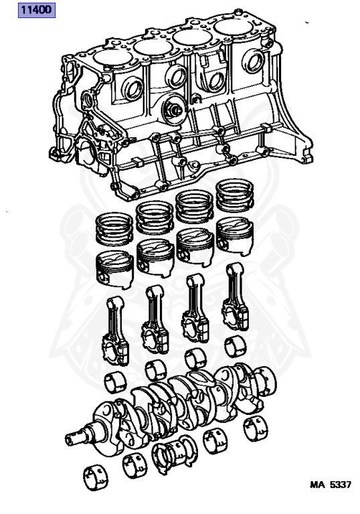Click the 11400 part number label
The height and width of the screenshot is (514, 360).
[36, 10]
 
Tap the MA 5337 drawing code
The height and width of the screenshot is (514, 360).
[330, 485]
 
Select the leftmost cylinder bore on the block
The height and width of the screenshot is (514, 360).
[112, 58]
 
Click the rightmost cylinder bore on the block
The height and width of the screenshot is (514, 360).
[233, 27]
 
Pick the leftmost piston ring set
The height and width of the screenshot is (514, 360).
[114, 229]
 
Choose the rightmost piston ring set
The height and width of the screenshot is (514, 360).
[234, 195]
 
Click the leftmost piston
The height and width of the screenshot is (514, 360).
[114, 270]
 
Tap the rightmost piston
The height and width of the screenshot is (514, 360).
[235, 236]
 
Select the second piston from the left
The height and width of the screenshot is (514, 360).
[155, 257]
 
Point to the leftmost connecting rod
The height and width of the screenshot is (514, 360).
[115, 331]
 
